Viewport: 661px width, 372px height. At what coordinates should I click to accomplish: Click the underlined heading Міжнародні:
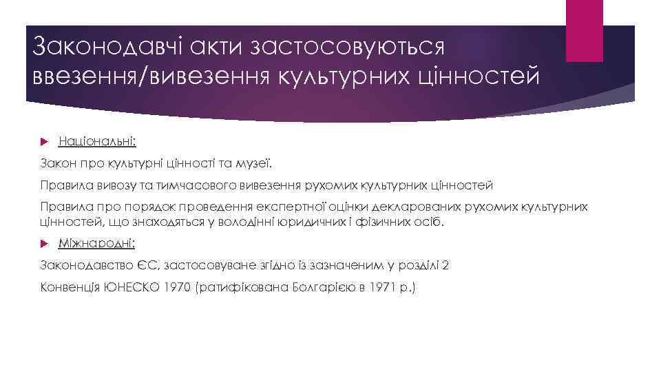click(97, 244)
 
